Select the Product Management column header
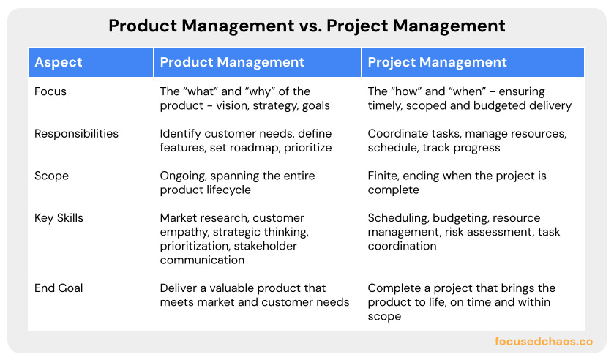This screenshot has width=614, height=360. pos(232,62)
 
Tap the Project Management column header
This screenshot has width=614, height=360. pos(437,62)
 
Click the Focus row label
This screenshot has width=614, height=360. pos(50,92)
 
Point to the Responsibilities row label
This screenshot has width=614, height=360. pos(76,134)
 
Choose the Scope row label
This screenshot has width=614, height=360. pos(51,176)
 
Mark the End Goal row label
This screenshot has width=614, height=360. pos(59,288)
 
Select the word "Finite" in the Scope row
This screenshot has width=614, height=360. pos(384,176)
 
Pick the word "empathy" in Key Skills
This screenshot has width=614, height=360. pos(184,232)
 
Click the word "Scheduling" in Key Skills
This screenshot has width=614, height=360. pos(398,218)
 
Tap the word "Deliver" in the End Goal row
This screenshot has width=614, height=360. pos(179,288)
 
